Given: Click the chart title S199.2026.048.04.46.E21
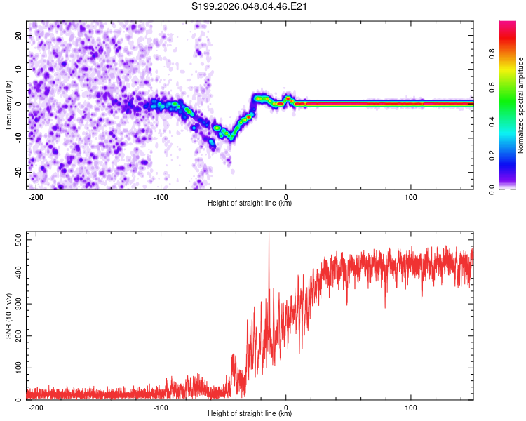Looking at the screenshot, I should tap(250, 7).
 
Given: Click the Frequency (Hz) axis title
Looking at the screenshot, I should tap(8, 105).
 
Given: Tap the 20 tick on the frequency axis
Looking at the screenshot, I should tap(20, 35).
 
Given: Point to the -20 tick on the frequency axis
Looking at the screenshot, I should tap(18, 173).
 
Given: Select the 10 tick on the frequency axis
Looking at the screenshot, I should tap(20, 69).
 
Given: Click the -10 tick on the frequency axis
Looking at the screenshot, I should tap(18, 138).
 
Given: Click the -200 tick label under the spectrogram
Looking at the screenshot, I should tap(35, 197).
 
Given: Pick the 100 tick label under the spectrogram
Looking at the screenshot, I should tap(411, 197).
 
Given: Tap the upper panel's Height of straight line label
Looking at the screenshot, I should tap(250, 204).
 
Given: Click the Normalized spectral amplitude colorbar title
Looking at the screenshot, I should tap(521, 105).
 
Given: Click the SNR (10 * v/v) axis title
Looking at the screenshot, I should tap(8, 316).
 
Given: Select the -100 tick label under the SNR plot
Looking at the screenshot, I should tap(161, 408).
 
